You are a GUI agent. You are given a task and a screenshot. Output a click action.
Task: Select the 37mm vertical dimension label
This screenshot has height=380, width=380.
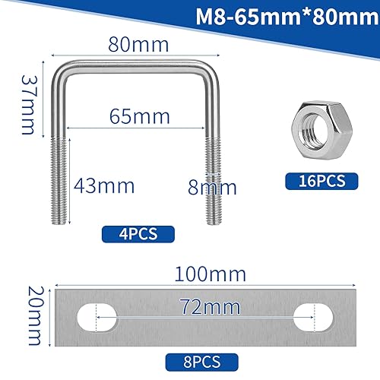point(27,104)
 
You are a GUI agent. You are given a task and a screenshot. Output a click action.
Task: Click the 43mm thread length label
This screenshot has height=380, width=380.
point(105,185)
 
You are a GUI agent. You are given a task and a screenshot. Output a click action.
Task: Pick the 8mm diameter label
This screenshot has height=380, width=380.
point(212,185)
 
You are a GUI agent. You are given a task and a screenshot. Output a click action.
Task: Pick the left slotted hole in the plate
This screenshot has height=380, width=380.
point(98,315)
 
